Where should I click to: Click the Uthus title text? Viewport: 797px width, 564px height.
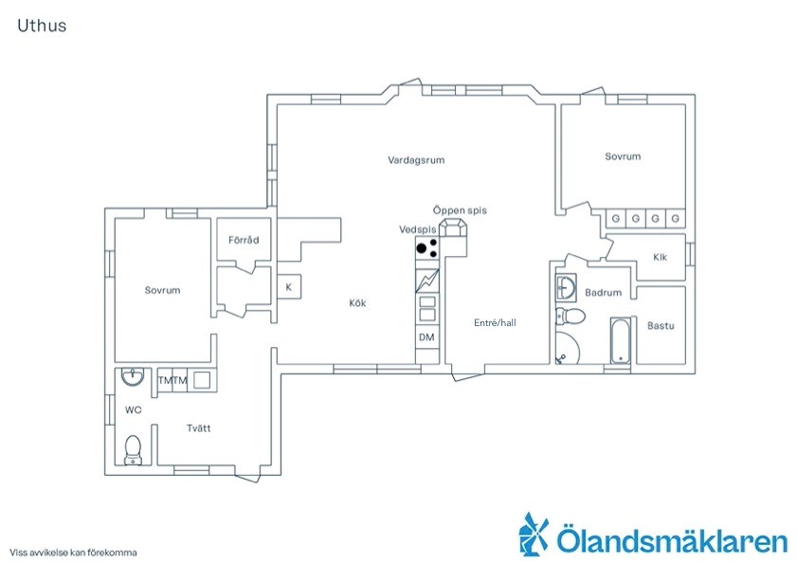pos(42,26)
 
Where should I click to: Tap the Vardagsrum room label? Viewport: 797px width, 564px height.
pos(416,160)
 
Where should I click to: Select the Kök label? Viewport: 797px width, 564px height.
pos(357,302)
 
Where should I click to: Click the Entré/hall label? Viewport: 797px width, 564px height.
pos(495,322)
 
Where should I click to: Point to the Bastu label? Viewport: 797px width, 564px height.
pos(661,325)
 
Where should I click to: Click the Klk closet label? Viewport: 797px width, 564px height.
pos(660,257)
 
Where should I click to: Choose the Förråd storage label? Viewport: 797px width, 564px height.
pos(244,240)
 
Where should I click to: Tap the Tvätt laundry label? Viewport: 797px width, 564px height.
pos(198,428)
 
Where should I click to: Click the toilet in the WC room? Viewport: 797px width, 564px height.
pos(134,449)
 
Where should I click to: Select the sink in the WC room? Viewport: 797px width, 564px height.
pos(133,377)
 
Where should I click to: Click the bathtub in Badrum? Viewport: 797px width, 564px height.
pos(620,340)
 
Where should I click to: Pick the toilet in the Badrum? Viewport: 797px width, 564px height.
pos(570,316)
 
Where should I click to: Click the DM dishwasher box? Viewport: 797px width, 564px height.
pos(427,337)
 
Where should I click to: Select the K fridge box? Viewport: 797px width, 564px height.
pos(289,287)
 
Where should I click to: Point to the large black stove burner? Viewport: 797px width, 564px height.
pos(422,248)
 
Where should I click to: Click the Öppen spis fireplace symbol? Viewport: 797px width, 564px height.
pos(452,227)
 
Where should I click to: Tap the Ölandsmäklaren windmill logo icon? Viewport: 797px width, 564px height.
pos(534,533)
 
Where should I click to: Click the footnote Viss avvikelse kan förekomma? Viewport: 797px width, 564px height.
pos(73,553)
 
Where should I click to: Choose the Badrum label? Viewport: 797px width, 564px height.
pos(604,292)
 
